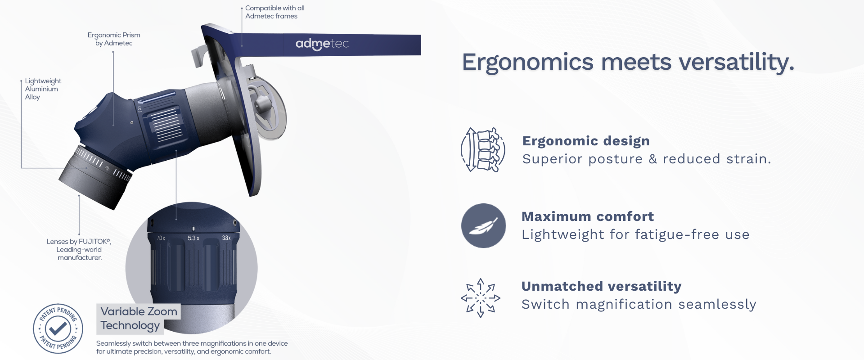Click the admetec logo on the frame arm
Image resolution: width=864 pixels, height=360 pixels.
point(322,44)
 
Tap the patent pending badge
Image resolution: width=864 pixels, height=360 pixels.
point(58,328)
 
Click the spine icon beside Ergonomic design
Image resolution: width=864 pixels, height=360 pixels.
point(483,150)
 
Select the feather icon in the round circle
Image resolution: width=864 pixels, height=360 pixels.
point(483,225)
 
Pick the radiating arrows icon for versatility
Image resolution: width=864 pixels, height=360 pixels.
point(481,298)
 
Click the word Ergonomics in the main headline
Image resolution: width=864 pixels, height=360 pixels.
point(528,62)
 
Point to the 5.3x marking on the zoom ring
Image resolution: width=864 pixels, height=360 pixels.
point(193,238)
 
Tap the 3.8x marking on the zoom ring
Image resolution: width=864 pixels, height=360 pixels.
point(226,238)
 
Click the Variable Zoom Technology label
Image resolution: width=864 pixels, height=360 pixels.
point(139,319)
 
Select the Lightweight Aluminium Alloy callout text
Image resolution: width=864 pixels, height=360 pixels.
point(43,89)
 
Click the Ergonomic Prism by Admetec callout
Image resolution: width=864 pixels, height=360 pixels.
point(114,39)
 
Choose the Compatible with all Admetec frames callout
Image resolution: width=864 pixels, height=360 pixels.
point(275,12)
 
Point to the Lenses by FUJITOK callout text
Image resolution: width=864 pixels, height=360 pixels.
point(79,250)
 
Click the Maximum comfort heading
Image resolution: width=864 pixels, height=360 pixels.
point(587,216)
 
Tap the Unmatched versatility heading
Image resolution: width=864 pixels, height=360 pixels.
point(601,286)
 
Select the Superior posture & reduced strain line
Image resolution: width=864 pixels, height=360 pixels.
point(647,159)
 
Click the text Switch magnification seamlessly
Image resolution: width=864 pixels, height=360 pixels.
point(639,305)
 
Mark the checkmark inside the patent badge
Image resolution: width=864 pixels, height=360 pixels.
point(58,329)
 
